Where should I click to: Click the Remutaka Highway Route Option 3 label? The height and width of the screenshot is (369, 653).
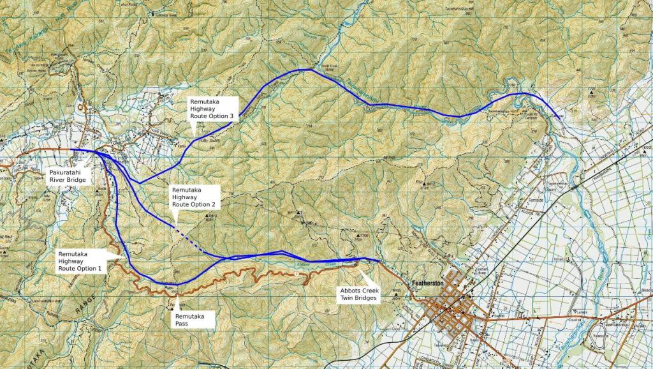tap(213, 109)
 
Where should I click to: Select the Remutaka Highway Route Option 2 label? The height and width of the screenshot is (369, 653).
tap(195, 197)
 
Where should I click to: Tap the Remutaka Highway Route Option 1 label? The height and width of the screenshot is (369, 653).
tap(81, 261)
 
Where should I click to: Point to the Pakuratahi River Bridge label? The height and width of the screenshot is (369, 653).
tap(68, 176)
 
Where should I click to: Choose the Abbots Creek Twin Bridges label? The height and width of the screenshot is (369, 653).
tap(358, 294)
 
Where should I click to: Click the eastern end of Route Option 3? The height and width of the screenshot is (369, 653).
tap(559, 117)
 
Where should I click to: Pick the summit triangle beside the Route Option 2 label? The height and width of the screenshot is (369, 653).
tap(208, 217)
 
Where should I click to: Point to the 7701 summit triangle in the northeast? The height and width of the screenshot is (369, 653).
tap(592, 94)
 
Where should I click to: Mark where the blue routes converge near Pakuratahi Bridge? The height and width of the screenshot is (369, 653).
tap(99, 153)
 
